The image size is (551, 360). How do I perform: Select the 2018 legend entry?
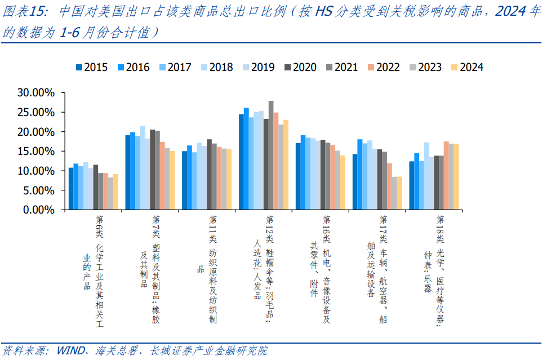point(216,68)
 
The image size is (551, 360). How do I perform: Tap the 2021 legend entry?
point(341,68)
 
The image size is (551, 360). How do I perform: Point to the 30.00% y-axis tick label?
point(34,93)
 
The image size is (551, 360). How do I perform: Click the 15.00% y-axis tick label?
point(34,151)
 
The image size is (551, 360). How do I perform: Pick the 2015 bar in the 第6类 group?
point(71,189)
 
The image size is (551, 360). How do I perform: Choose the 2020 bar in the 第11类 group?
point(210,174)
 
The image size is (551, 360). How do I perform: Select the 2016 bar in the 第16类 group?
point(303,172)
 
